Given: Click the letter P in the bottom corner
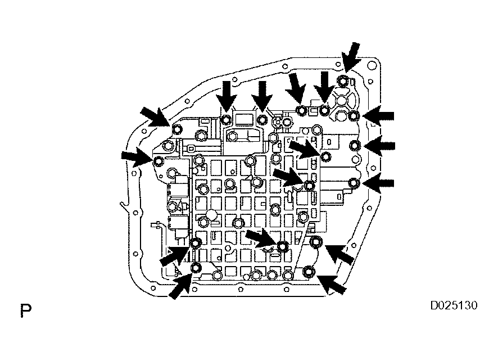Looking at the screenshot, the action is [25, 310].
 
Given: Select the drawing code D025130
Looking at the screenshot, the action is [454, 305].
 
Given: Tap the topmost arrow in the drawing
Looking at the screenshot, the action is [351, 57].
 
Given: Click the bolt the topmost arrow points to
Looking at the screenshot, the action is [343, 80].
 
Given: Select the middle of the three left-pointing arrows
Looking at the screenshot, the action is [379, 146].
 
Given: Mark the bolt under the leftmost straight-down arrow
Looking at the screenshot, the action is [226, 120].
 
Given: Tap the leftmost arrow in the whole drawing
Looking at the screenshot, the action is [137, 158].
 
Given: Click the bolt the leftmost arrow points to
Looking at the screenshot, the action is [158, 162].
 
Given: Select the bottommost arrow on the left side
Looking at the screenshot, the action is [180, 286].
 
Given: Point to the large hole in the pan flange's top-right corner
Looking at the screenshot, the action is [370, 66].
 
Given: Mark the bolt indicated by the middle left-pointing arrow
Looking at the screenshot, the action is [354, 146].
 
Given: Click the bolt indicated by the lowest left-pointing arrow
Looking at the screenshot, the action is [354, 183].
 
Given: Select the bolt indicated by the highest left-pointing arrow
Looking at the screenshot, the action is [354, 116].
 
